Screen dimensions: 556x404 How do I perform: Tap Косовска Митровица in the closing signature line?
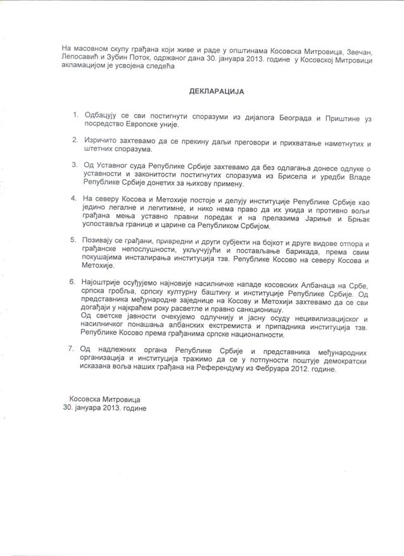[105, 399]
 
